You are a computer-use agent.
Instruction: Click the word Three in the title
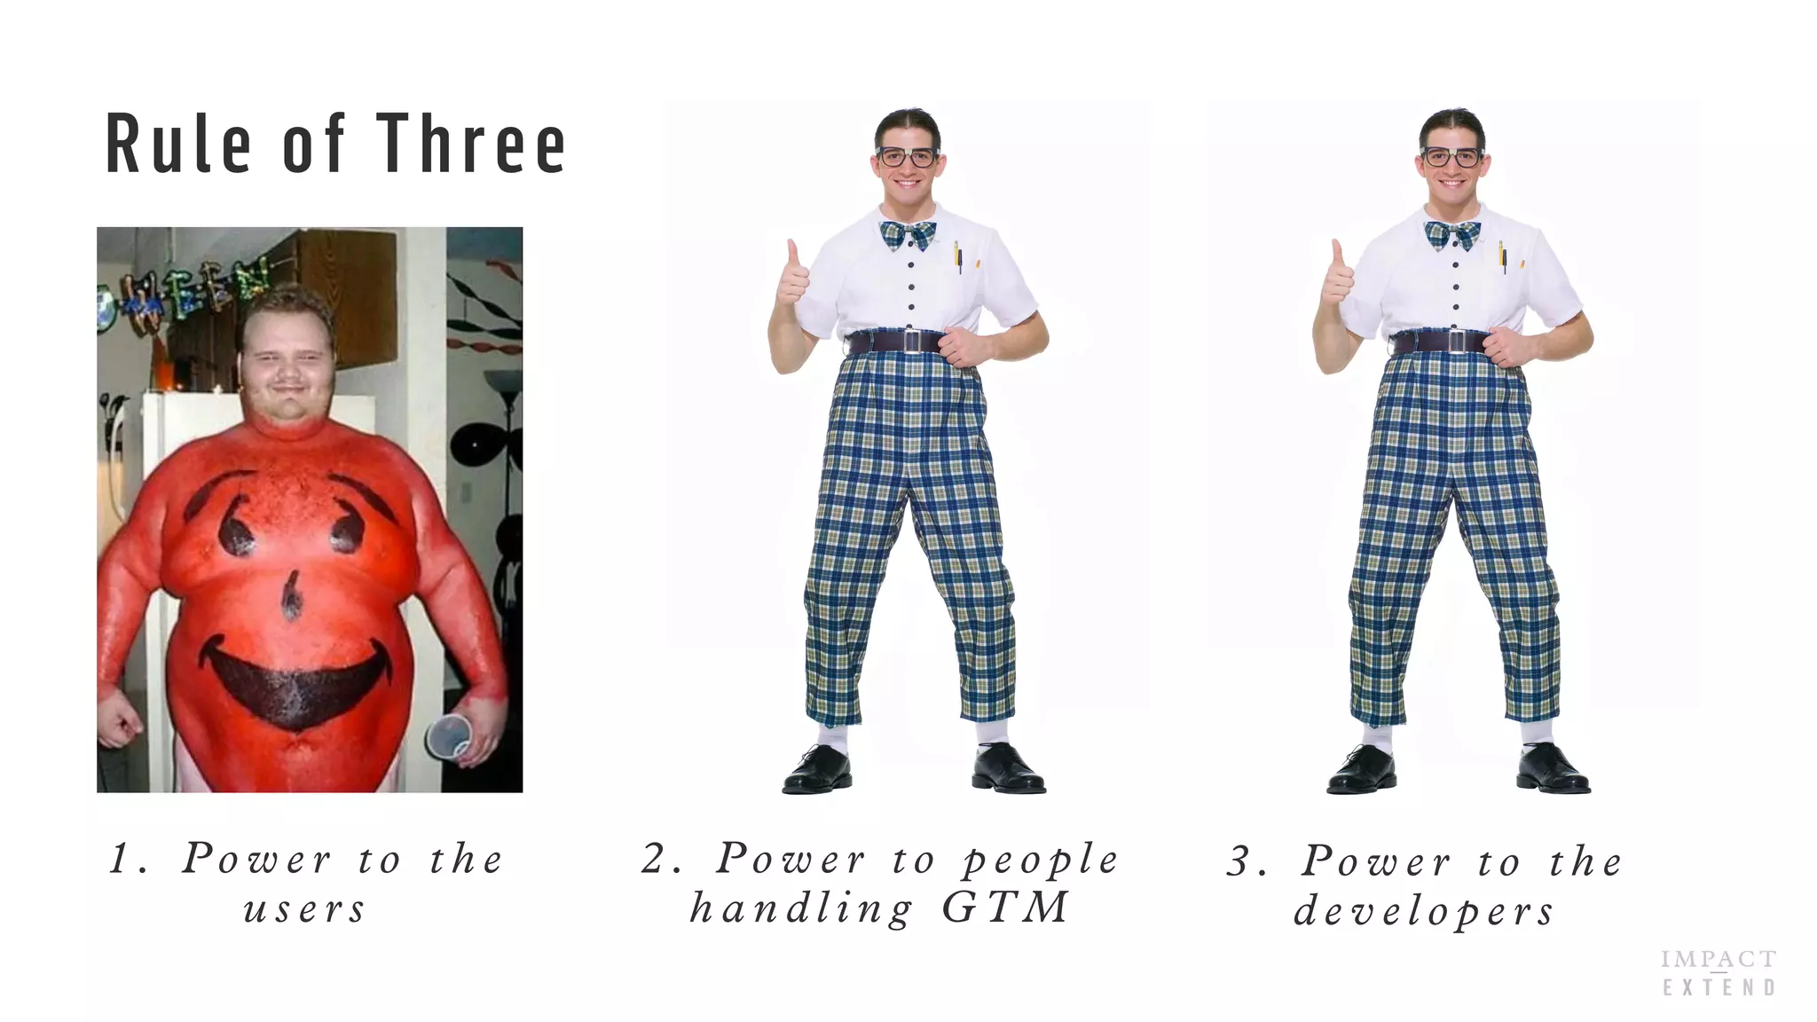[x=471, y=144]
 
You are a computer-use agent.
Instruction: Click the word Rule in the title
[x=178, y=144]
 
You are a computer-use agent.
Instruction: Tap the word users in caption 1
[x=304, y=910]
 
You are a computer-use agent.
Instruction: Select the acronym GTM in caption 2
[x=1005, y=908]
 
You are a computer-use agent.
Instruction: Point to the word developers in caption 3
[x=1424, y=912]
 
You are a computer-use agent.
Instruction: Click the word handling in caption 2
[x=801, y=908]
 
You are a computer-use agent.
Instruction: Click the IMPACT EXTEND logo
[x=1719, y=973]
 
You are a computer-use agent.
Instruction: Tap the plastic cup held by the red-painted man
[x=449, y=735]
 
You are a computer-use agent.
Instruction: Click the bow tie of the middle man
[x=908, y=235]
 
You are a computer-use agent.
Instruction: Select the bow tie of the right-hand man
[x=1452, y=235]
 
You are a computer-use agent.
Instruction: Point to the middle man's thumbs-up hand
[x=793, y=277]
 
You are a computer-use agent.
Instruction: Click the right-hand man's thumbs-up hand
[x=1338, y=277]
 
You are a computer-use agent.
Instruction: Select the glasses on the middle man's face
[x=907, y=158]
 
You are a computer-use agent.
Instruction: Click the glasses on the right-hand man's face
[x=1451, y=158]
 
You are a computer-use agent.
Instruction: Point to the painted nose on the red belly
[x=291, y=595]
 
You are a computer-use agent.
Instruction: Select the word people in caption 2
[x=1041, y=860]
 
